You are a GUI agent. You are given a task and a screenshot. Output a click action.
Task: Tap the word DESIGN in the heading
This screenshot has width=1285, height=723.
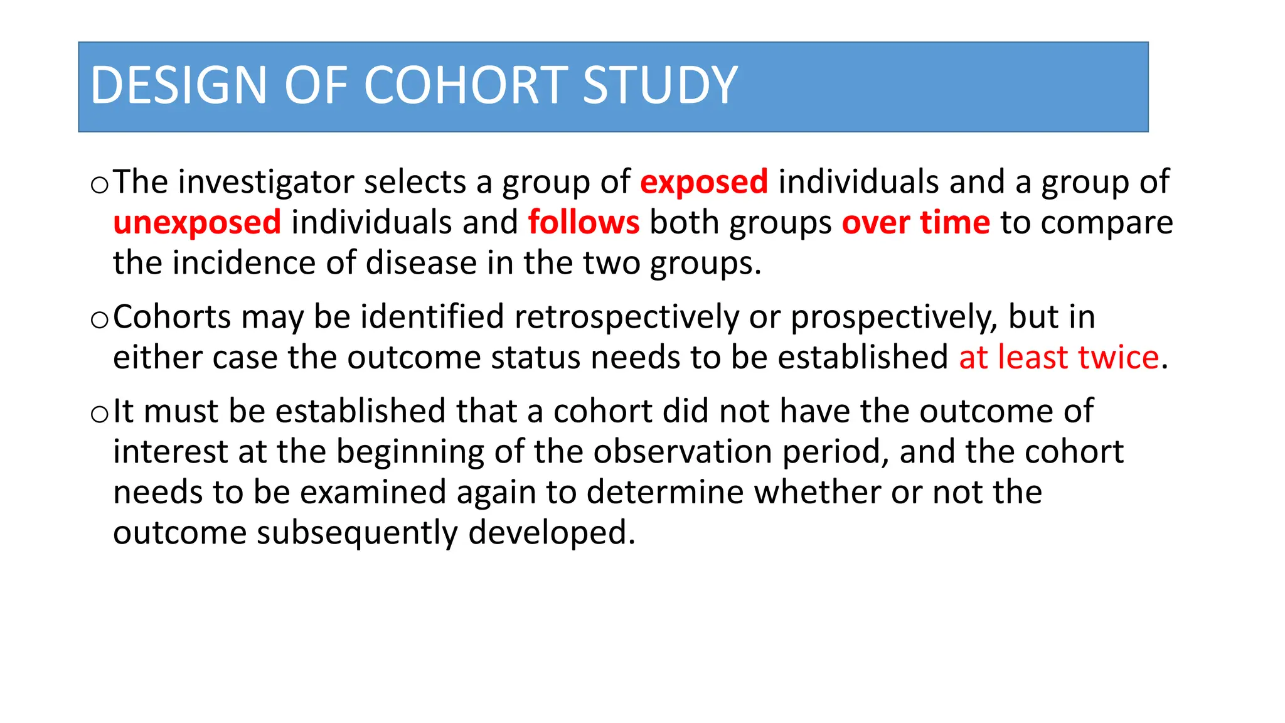[x=179, y=85]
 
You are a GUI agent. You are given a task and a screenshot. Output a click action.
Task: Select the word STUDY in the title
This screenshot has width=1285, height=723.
[x=660, y=85]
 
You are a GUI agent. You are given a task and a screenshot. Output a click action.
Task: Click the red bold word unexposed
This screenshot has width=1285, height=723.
[x=197, y=223]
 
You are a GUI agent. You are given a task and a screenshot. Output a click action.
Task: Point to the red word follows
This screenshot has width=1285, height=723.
[x=584, y=223]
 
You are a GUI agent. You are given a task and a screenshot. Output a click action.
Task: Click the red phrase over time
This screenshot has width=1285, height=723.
[x=915, y=223]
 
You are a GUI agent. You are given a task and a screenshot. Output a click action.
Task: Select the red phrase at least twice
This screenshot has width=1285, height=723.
[x=1058, y=358]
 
